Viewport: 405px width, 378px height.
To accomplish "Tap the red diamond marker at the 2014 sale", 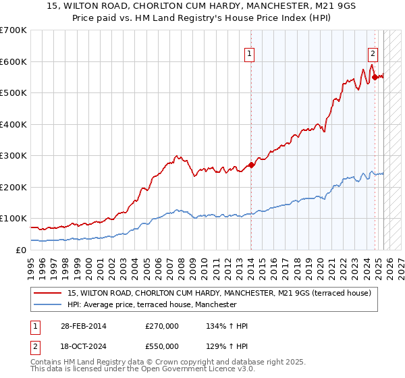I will pyautogui.click(x=251, y=164).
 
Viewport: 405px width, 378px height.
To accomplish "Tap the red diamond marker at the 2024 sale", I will pyautogui.click(x=375, y=77).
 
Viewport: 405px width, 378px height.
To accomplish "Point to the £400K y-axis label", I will pyautogui.click(x=13, y=124).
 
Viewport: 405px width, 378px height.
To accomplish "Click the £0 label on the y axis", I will pyautogui.click(x=21, y=250).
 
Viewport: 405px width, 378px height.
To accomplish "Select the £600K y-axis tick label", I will pyautogui.click(x=13, y=61).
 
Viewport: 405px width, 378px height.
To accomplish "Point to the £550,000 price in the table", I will pyautogui.click(x=162, y=346).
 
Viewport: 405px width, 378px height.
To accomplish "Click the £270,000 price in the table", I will pyautogui.click(x=162, y=326).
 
